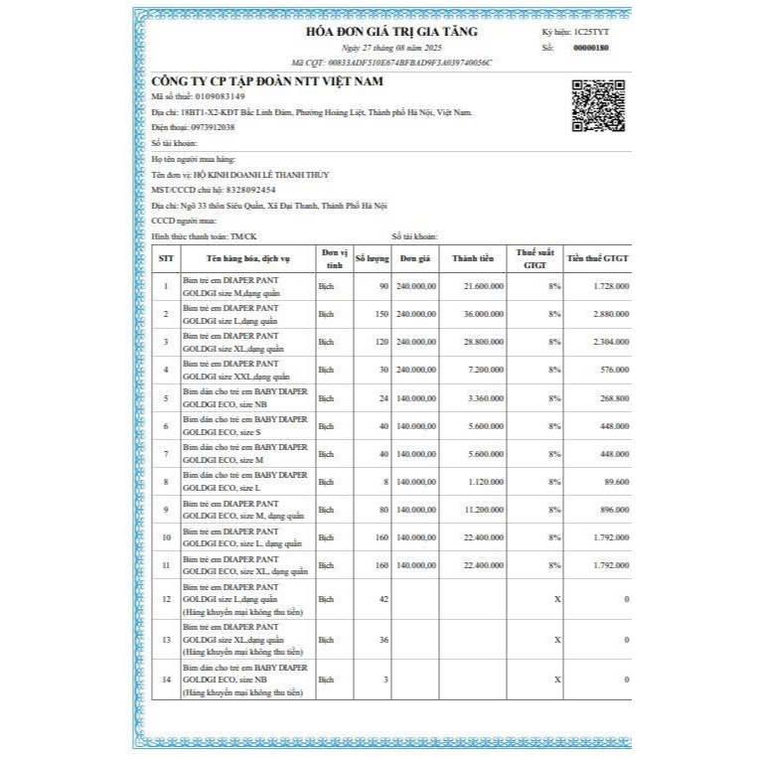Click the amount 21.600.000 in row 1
[484, 286]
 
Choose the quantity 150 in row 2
[378, 314]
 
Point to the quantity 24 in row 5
[381, 398]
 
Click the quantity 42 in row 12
[381, 599]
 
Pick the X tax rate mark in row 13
[557, 640]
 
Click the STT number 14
[166, 680]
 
